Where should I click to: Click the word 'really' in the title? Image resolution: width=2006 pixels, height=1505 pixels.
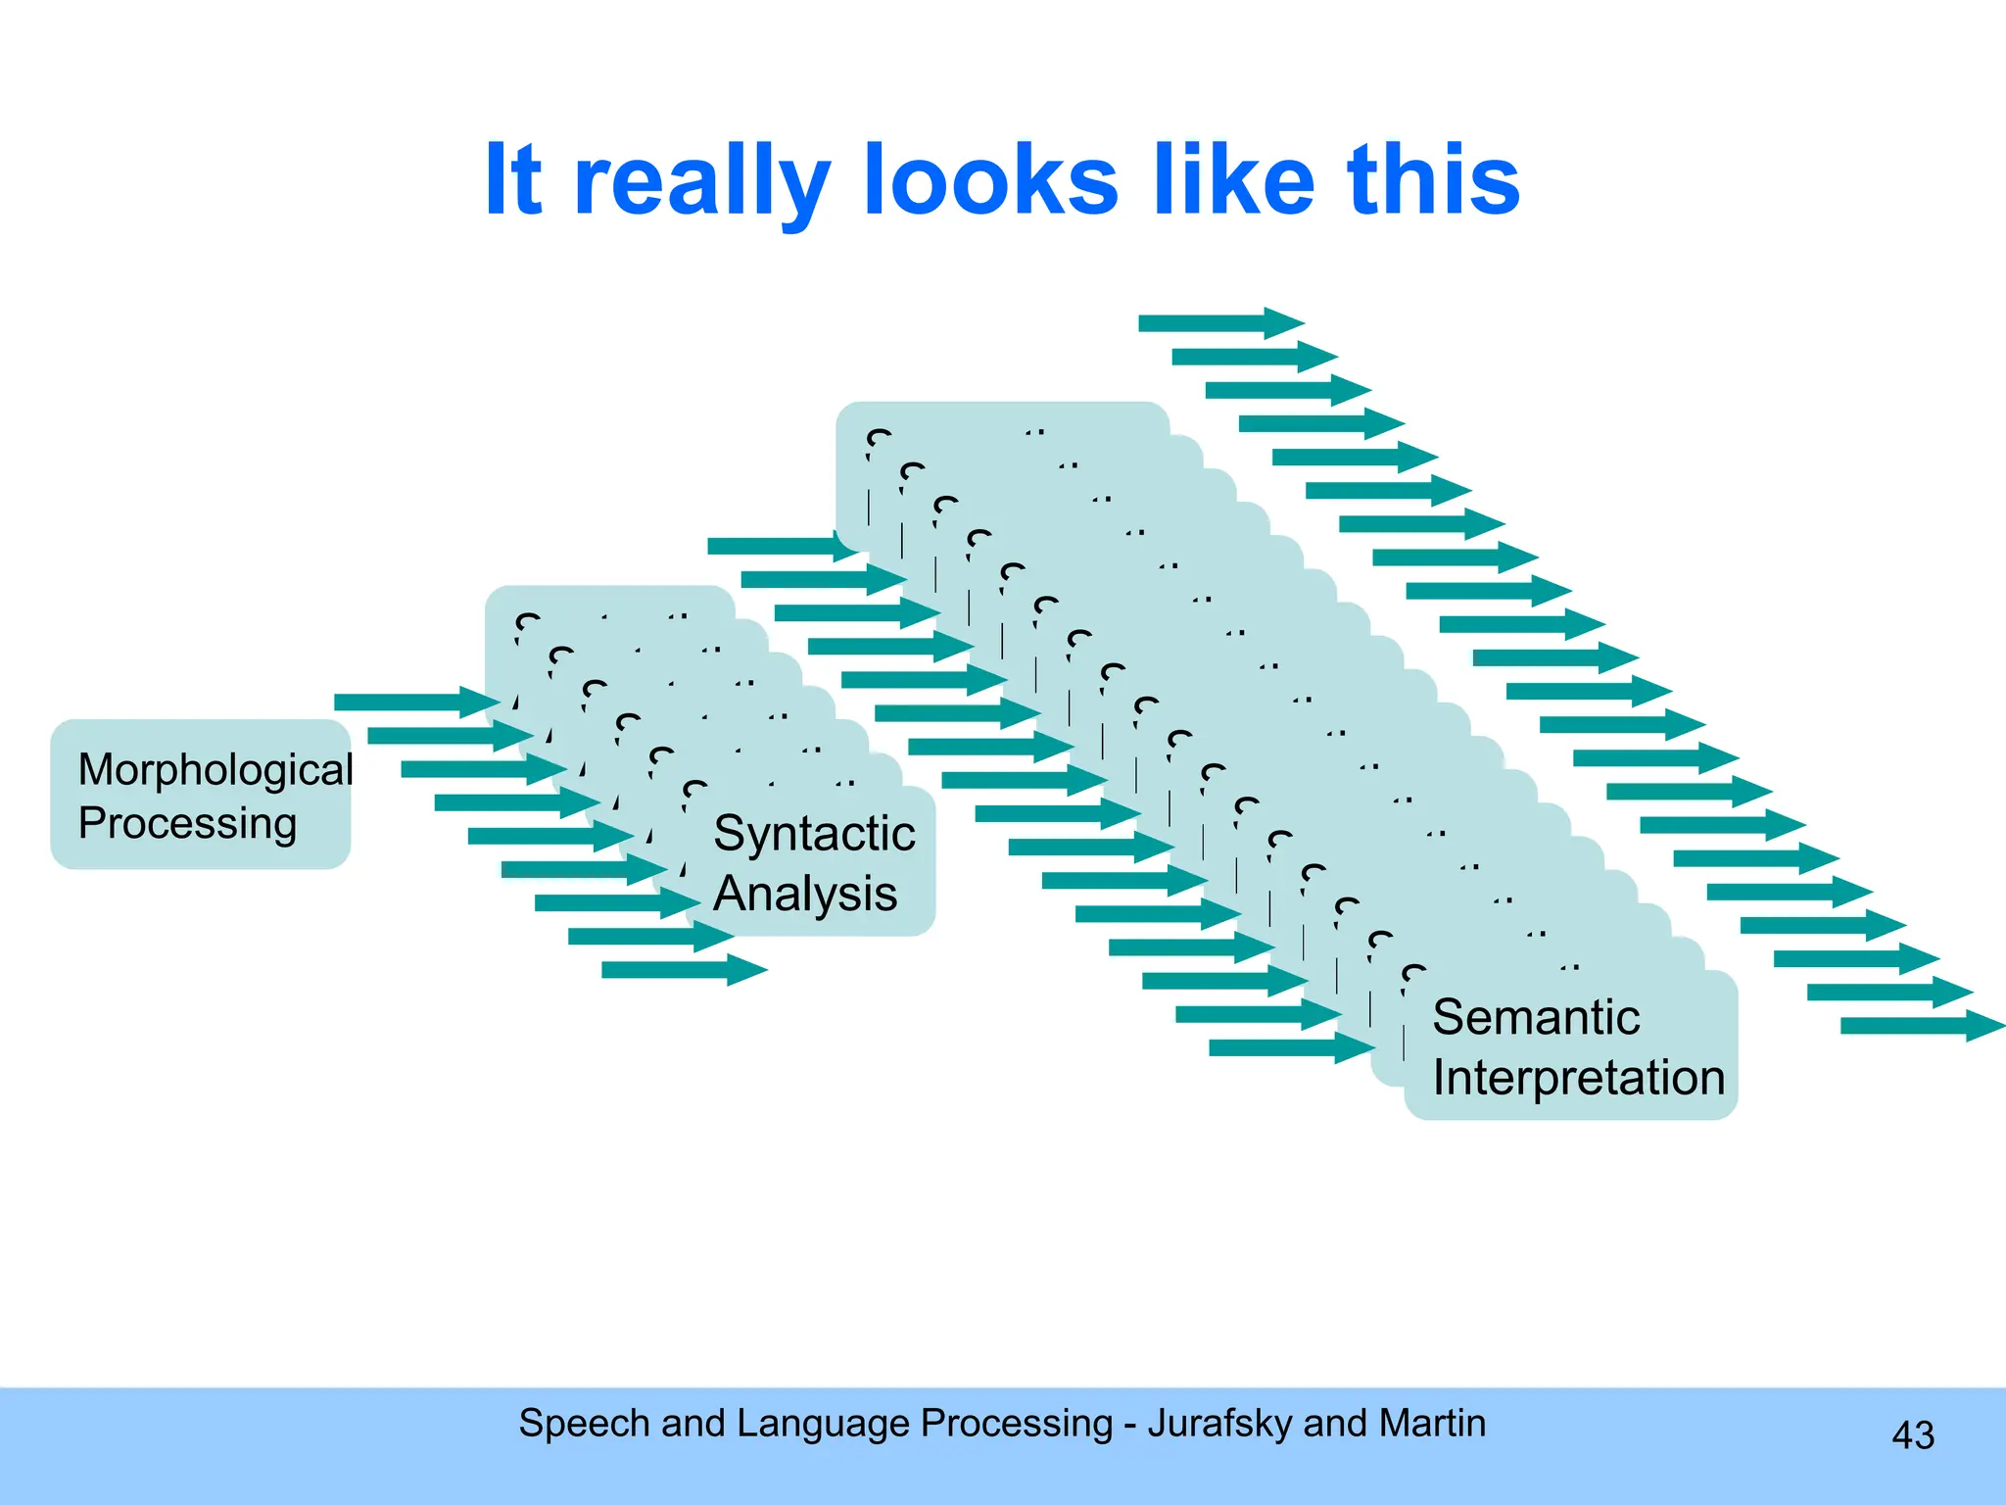(x=701, y=181)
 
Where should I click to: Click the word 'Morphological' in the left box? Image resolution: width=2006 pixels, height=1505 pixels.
(x=215, y=770)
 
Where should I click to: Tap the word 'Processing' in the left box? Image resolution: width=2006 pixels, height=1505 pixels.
(x=187, y=824)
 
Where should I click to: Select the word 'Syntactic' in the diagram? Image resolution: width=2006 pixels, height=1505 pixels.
(x=814, y=835)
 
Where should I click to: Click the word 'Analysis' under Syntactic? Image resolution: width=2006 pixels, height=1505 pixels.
(x=805, y=894)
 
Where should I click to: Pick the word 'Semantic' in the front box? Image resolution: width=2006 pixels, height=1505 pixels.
(x=1536, y=1017)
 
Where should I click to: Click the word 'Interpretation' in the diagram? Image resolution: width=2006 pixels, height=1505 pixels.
(x=1578, y=1078)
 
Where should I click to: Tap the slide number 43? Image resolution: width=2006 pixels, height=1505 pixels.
(x=1913, y=1435)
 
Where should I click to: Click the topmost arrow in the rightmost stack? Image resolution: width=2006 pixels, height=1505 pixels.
(x=1220, y=322)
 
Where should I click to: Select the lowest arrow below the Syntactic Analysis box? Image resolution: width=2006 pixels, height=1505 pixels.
(x=684, y=970)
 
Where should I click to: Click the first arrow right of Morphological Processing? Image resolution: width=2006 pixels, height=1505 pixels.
(x=416, y=702)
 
